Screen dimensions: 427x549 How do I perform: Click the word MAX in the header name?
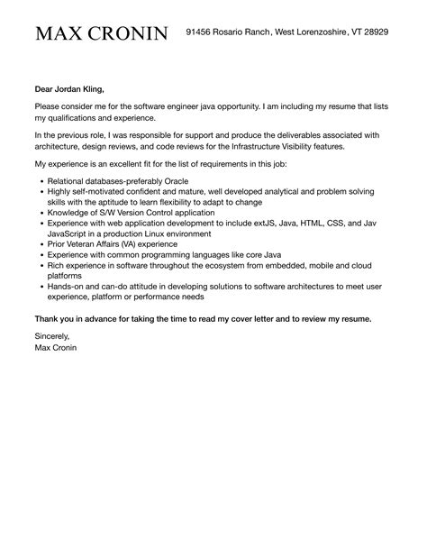pyautogui.click(x=57, y=33)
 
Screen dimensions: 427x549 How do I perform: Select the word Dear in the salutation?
pyautogui.click(x=45, y=89)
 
